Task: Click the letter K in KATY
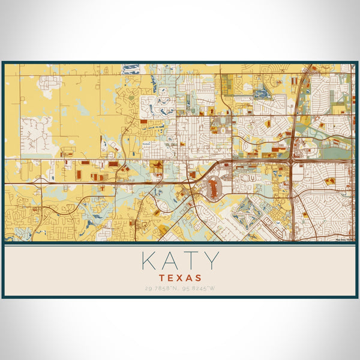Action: [x=148, y=261]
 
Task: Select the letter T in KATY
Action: [x=191, y=261]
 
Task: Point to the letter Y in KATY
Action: [x=212, y=261]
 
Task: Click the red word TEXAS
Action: [x=180, y=278]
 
